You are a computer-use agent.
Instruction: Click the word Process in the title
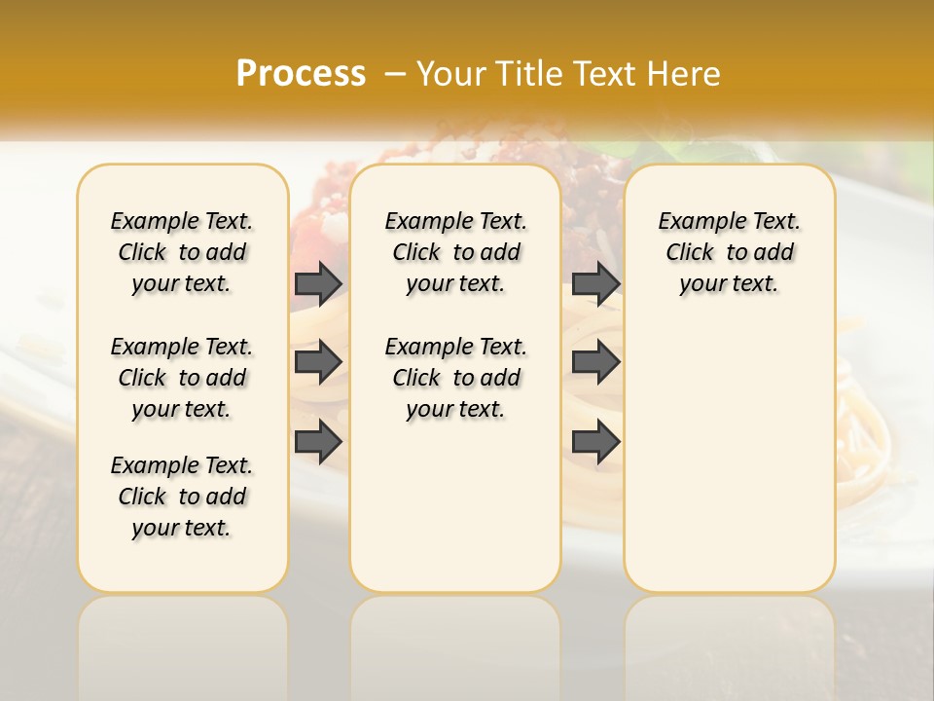point(301,74)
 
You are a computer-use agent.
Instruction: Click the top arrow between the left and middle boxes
point(318,283)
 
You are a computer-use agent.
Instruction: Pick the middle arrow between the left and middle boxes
point(318,362)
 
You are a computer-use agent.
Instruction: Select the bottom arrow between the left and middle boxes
point(318,441)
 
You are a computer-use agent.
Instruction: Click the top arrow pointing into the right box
point(595,283)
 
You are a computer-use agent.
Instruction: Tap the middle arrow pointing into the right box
point(595,362)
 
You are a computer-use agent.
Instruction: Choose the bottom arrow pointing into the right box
point(595,441)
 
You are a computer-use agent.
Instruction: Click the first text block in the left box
point(182,252)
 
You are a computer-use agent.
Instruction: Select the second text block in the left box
point(182,378)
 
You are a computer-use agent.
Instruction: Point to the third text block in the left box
point(182,497)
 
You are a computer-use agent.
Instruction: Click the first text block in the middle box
point(455,252)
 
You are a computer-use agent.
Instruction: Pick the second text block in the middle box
point(455,378)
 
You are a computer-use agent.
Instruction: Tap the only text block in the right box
point(729,252)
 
